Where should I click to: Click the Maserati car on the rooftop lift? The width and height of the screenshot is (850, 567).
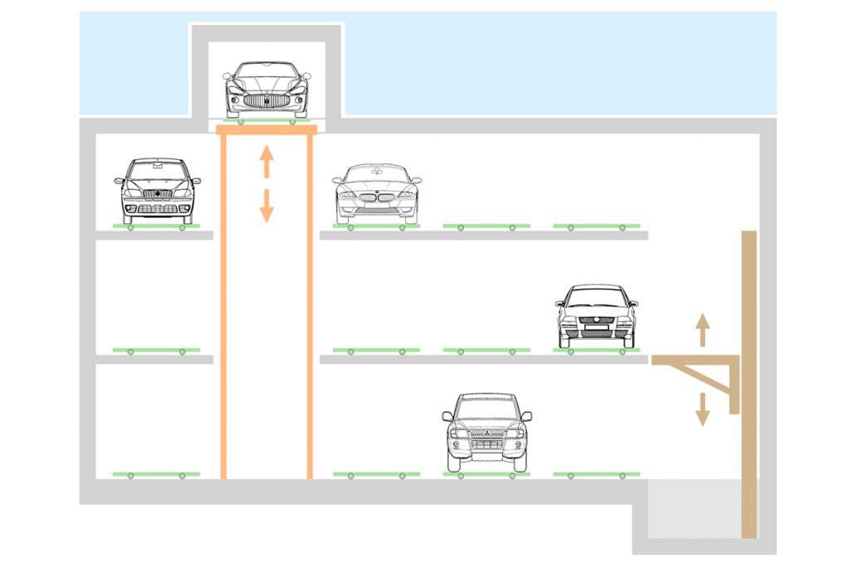(266, 90)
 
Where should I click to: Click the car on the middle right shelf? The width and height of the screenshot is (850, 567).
(596, 315)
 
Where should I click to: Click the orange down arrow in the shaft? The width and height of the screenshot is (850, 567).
(266, 206)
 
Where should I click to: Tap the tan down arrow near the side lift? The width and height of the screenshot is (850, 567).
(702, 408)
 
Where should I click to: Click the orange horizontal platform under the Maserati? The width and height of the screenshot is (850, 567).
(266, 130)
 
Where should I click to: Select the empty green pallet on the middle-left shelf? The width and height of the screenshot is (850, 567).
(156, 350)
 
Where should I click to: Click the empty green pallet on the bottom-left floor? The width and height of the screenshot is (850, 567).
(156, 475)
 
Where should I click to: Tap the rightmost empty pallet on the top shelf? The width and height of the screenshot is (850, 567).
(596, 226)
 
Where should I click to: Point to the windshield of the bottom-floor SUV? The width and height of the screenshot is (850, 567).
(486, 409)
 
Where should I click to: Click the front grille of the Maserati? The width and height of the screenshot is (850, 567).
(266, 100)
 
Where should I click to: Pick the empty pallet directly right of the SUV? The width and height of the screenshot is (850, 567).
(596, 475)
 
